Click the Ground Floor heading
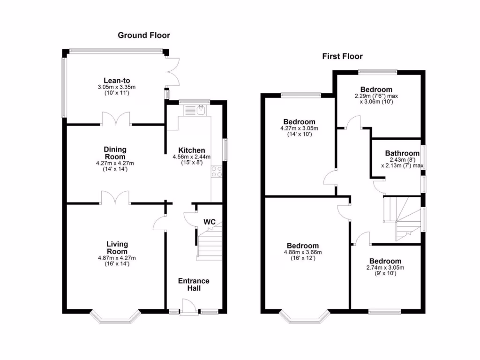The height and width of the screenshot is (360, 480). [x=143, y=35]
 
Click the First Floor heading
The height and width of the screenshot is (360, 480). [x=342, y=57]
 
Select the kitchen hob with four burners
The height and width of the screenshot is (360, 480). [x=217, y=172]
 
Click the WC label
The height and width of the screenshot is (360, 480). [x=209, y=222]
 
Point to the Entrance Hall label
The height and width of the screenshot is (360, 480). [x=194, y=284]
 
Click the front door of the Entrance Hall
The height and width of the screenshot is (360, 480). [x=188, y=309]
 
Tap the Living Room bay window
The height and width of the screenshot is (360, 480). [x=115, y=318]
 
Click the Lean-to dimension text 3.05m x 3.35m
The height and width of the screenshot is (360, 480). [x=117, y=87]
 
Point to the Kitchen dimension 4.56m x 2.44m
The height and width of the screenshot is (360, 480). [x=192, y=157]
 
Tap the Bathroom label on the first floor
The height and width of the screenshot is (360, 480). [x=402, y=153]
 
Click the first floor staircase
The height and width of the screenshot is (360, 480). [x=403, y=218]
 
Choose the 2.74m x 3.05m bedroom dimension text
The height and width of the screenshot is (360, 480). [x=385, y=268]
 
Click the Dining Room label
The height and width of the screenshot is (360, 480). [x=115, y=153]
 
